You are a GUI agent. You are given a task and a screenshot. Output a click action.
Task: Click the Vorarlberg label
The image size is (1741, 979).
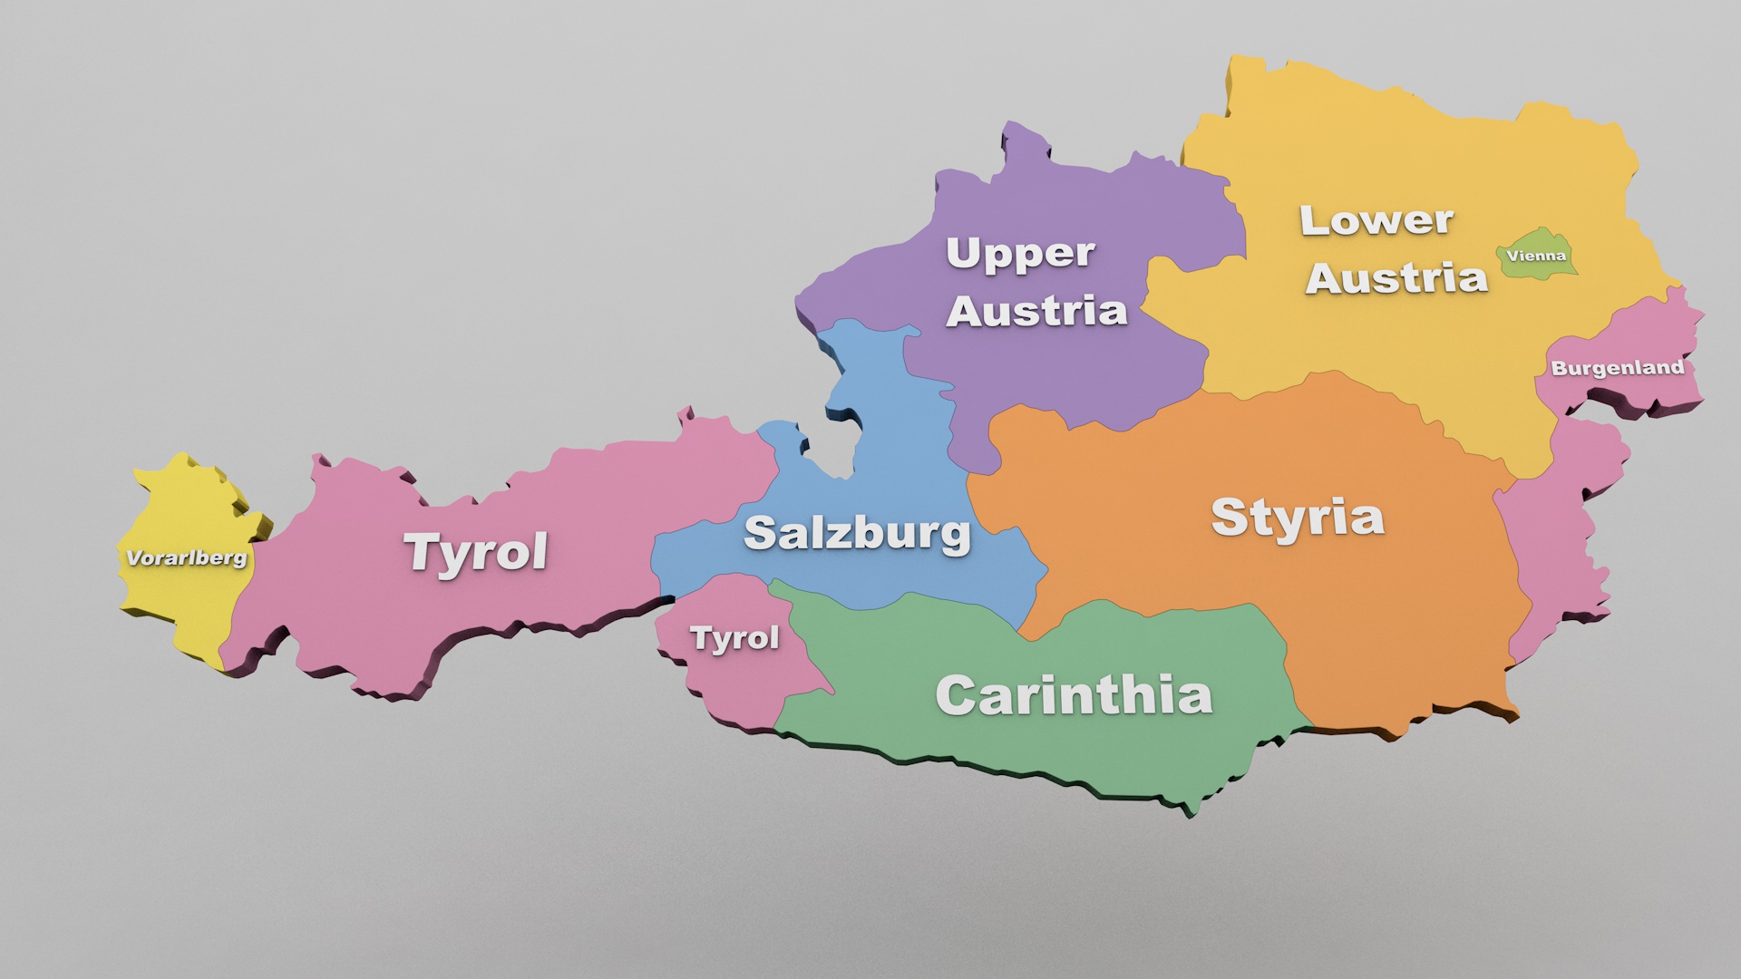click(186, 557)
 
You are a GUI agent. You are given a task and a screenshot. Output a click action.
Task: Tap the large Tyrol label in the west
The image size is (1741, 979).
click(476, 551)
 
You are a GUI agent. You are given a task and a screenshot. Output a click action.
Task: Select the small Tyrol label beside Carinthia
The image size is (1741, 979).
click(734, 638)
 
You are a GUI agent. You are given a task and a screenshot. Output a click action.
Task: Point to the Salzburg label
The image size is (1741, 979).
click(857, 533)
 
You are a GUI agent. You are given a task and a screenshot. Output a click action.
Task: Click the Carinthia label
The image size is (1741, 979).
click(1074, 695)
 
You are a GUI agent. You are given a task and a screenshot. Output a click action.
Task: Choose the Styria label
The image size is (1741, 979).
click(1298, 519)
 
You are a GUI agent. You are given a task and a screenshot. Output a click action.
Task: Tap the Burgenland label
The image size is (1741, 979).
click(1617, 368)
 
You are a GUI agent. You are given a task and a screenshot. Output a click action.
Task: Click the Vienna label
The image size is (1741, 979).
click(1536, 256)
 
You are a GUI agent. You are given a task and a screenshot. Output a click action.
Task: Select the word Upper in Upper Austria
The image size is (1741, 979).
click(1020, 254)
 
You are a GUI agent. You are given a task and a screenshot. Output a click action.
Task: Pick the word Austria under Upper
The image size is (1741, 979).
click(1036, 312)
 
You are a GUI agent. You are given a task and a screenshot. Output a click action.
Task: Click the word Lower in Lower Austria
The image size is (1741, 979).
click(1376, 220)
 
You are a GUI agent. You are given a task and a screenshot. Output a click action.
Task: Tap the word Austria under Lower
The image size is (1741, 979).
click(1396, 277)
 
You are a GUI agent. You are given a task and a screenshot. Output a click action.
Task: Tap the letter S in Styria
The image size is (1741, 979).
click(1230, 517)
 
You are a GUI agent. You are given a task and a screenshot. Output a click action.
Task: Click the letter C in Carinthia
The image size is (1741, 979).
click(956, 696)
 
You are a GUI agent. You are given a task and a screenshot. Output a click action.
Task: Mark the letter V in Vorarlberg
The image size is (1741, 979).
click(132, 558)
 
